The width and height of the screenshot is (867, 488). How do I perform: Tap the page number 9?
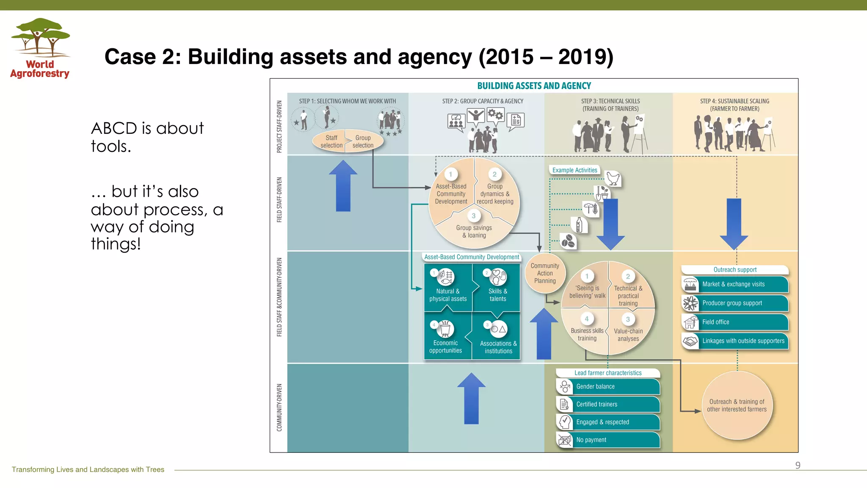pos(798,465)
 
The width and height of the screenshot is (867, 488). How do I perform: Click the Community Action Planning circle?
pos(545,273)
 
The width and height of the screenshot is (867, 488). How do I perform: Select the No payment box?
pos(608,440)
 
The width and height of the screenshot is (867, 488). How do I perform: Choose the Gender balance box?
pos(608,386)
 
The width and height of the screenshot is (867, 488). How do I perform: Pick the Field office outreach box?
pos(735,322)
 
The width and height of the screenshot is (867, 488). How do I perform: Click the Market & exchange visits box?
pos(735,284)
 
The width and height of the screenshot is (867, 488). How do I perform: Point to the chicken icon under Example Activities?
pos(613,178)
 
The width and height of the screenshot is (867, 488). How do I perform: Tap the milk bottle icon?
pos(579,225)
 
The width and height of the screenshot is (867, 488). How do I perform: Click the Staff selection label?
pos(331,141)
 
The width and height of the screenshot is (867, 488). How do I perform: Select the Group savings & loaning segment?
pos(474,231)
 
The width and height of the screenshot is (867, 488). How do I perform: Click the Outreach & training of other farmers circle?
pos(737,405)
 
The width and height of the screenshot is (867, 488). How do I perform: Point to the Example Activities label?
pos(574,170)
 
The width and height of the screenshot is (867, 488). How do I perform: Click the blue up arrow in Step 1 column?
pos(343,186)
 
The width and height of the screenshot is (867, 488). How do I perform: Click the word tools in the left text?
pos(111,147)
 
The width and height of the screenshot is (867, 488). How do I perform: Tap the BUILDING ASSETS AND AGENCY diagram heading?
pos(534,86)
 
